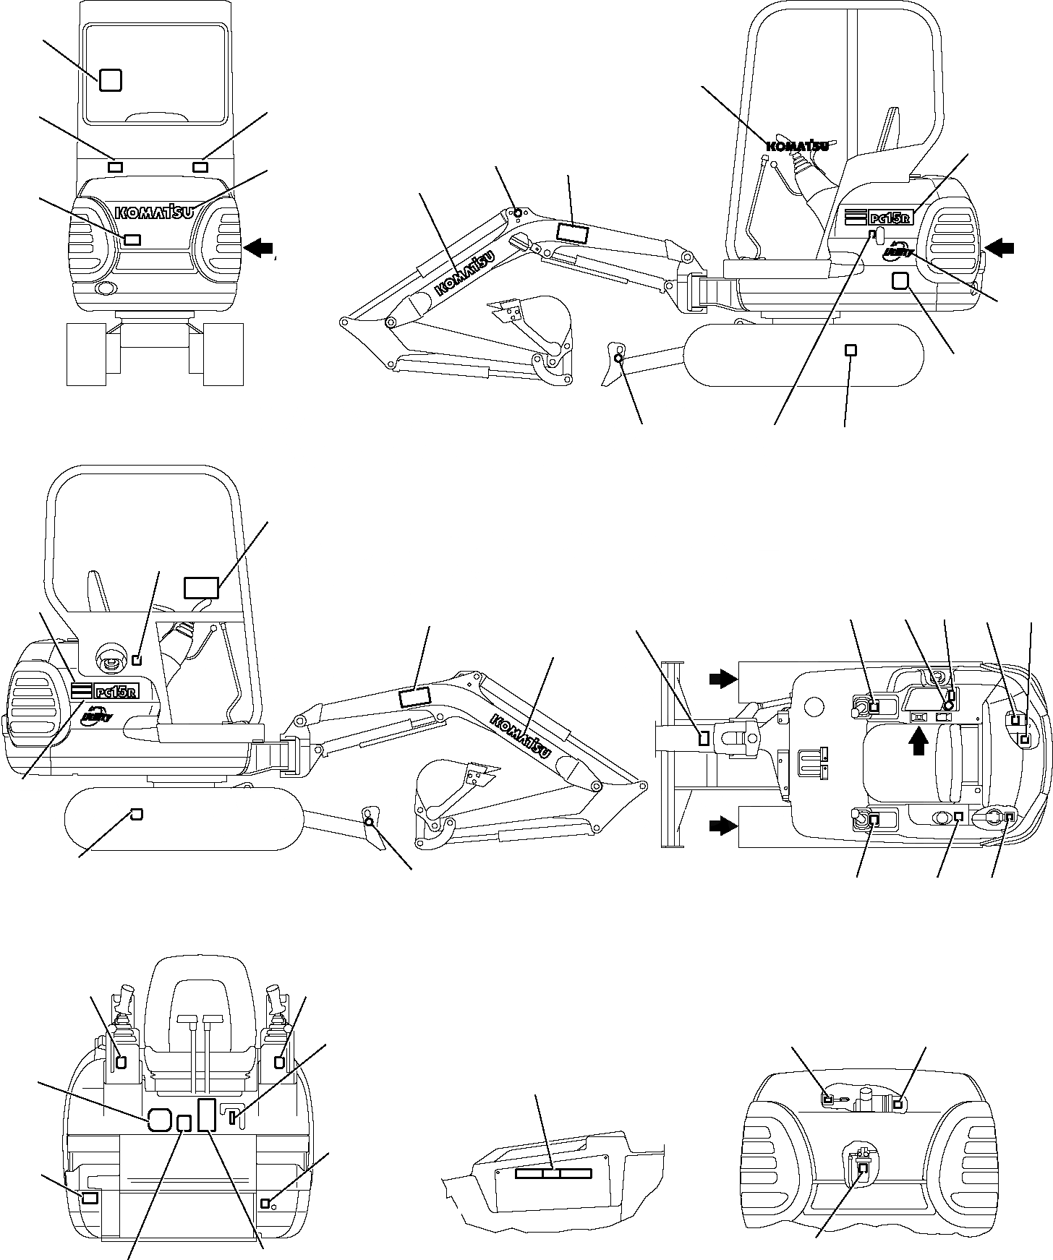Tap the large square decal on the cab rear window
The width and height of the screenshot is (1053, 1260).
(x=110, y=80)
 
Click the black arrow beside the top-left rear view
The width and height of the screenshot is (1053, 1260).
(x=259, y=248)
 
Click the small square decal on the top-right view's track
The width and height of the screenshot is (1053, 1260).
(x=851, y=351)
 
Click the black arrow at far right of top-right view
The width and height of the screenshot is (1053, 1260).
(x=1001, y=248)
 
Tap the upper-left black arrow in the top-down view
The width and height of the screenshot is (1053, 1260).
(x=722, y=678)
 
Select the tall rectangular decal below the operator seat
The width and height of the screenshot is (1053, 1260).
(x=207, y=1114)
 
